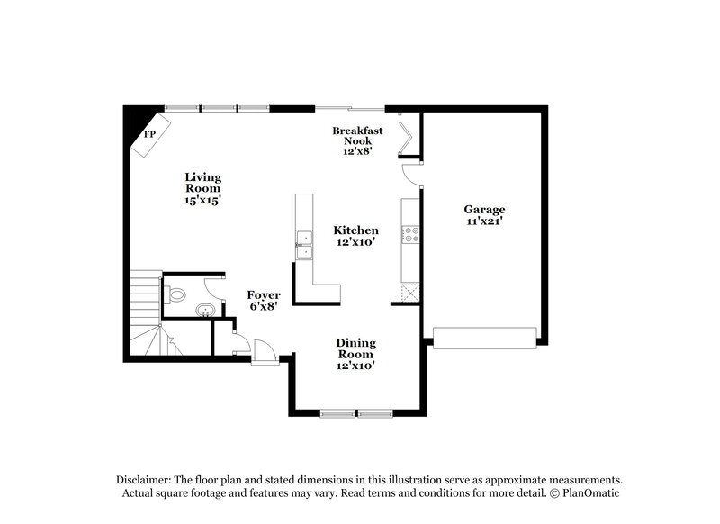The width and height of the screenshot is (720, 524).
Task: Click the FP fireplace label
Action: pos(149,134)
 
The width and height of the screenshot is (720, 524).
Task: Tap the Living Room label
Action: pos(203,189)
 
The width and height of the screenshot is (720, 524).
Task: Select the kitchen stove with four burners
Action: pos(410,234)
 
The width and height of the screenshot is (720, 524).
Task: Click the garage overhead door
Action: pos(484,338)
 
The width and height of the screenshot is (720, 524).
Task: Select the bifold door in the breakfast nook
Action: pos(407,136)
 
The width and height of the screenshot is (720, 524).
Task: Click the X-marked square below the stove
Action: pos(409,292)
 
